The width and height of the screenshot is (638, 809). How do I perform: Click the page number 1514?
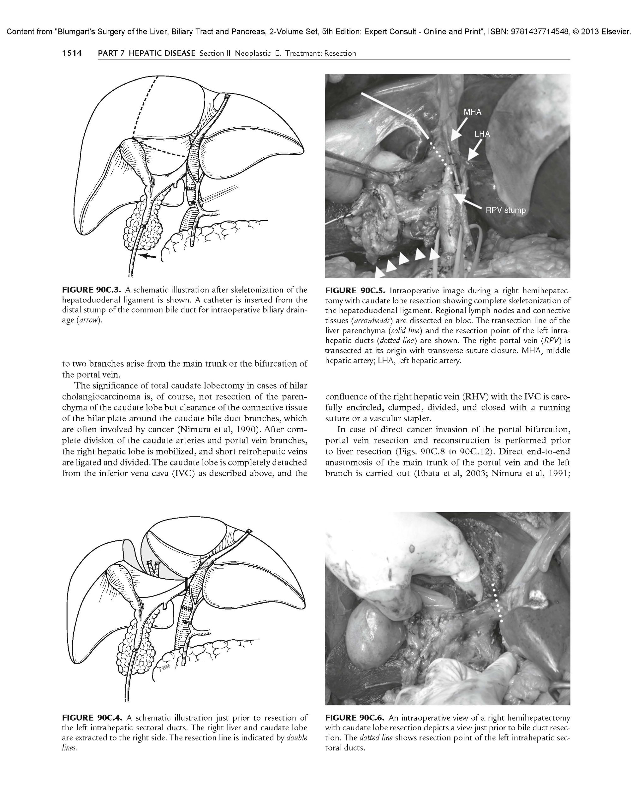tap(72, 53)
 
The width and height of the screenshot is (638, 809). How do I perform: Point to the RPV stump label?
tap(505, 210)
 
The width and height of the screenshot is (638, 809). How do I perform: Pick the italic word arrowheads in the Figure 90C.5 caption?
tap(370, 321)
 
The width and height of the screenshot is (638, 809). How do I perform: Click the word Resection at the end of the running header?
tap(340, 53)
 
